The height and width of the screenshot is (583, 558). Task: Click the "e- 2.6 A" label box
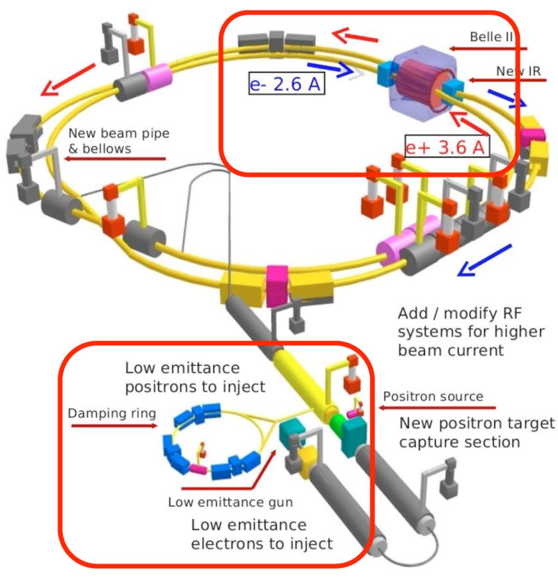pos(286,84)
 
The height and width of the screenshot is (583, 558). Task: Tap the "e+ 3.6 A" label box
pos(447,146)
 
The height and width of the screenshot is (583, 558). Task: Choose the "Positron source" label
pos(433,396)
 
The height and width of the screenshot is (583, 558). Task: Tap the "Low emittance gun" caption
pos(230,502)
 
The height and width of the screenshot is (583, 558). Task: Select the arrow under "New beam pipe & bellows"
pos(114,159)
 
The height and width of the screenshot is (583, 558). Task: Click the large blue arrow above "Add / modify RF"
pos(484,260)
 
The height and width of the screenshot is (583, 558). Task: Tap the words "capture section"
pos(459,441)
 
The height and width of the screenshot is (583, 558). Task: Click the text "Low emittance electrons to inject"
pos(262,534)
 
